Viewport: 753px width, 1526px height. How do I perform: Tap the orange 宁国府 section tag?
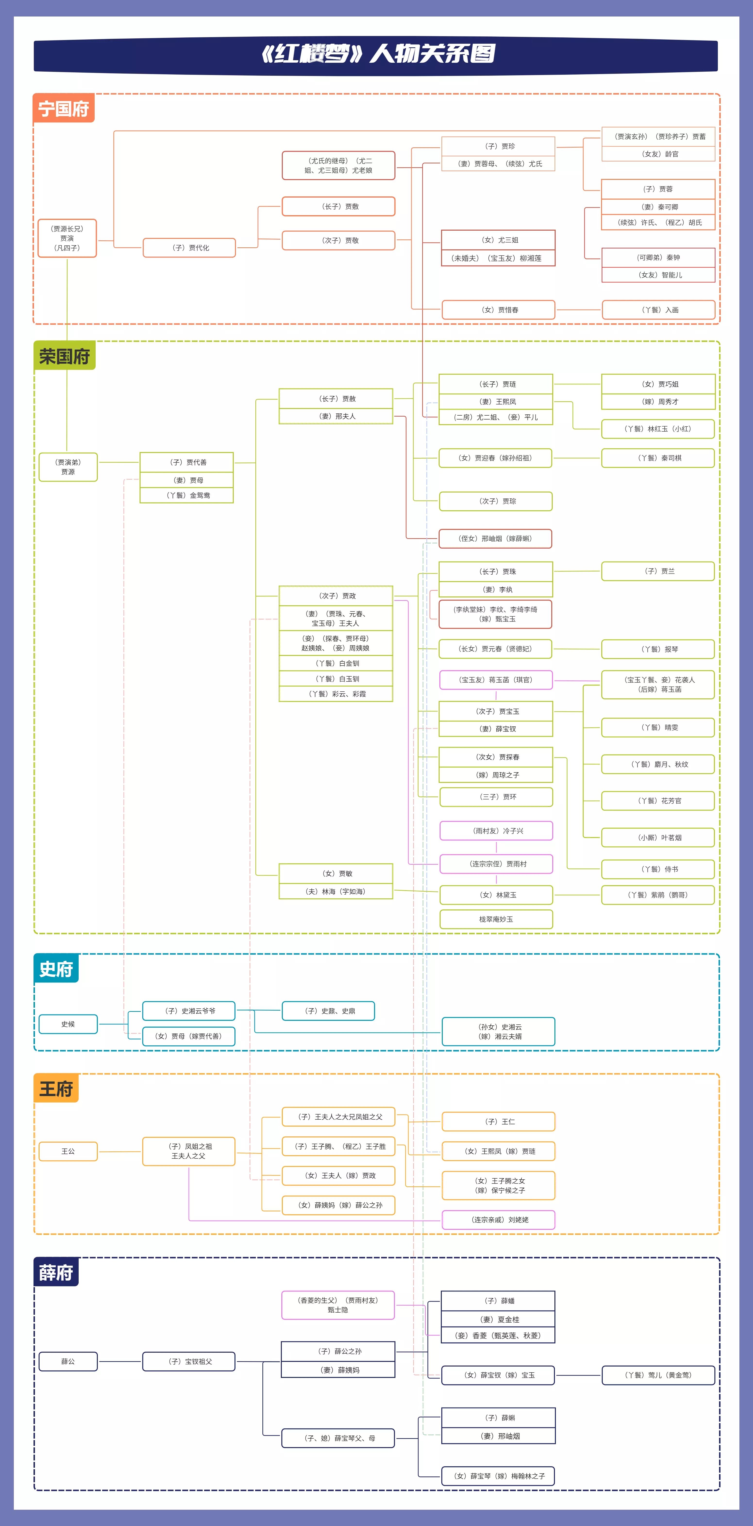[63, 109]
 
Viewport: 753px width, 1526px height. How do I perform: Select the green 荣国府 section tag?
[64, 356]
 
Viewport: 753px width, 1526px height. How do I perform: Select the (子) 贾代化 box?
[189, 248]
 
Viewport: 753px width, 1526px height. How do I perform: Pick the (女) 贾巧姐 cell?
[658, 384]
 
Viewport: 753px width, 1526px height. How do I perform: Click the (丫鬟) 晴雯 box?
[658, 728]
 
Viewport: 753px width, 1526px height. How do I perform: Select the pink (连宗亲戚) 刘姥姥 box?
[498, 1220]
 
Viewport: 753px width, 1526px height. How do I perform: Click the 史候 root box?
[68, 1024]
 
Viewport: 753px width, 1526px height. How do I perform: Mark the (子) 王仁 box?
[498, 1121]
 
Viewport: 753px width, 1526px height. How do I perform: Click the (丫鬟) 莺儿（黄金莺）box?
[658, 1375]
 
